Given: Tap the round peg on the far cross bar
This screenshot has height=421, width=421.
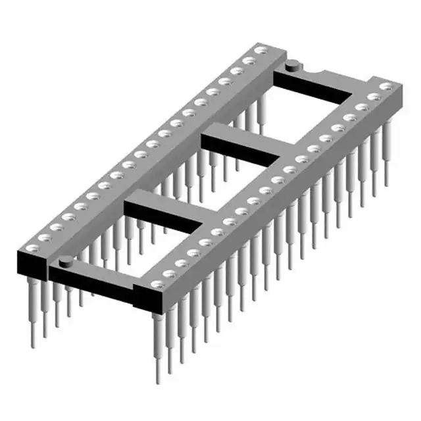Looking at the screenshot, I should [291, 64].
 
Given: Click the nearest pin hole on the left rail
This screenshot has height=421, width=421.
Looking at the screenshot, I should [32, 249].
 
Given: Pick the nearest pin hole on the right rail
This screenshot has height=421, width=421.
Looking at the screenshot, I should [156, 284].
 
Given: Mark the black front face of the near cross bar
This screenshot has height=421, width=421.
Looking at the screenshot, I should [99, 285].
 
